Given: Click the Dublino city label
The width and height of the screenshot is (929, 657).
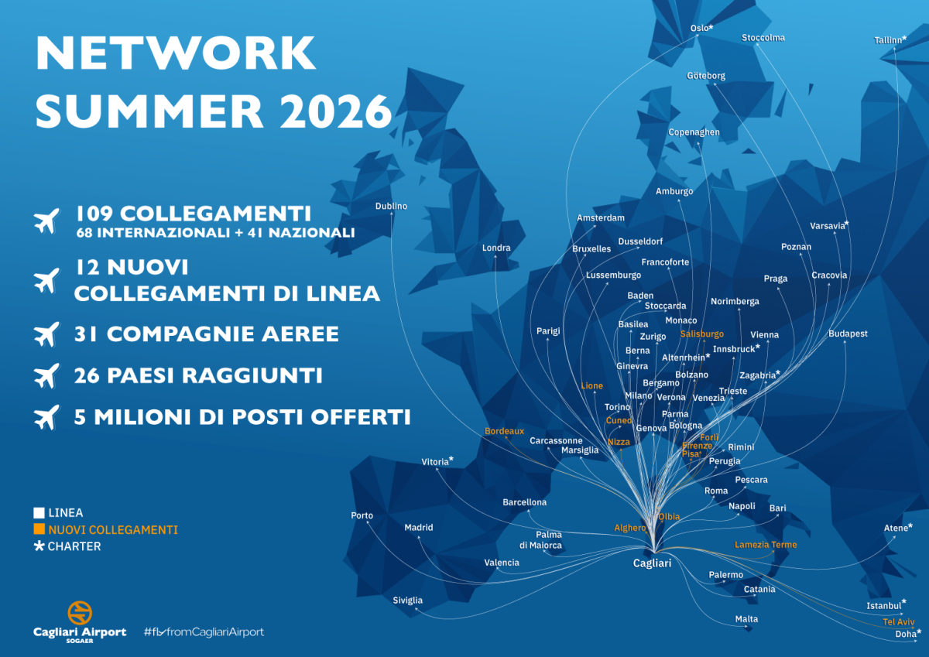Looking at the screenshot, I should (x=391, y=207).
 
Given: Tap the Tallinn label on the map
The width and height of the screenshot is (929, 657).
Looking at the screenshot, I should (x=889, y=40).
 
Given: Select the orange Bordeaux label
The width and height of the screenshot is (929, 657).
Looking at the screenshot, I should (x=504, y=431).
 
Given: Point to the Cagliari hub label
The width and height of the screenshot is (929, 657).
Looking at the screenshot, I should (x=652, y=563).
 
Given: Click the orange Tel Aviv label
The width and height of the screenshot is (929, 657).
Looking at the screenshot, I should (x=898, y=622).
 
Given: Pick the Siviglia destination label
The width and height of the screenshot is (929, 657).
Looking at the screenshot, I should (x=408, y=601).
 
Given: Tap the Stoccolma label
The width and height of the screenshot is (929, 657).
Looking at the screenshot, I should (x=763, y=38).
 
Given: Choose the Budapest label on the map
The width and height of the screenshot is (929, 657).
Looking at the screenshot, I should (x=848, y=334).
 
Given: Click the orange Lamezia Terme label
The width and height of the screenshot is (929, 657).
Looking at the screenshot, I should (x=766, y=545).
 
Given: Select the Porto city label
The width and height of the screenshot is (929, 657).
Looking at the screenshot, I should (x=362, y=515).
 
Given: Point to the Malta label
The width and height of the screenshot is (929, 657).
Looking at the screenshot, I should (x=746, y=619).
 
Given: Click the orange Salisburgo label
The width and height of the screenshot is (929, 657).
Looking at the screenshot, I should (x=701, y=334).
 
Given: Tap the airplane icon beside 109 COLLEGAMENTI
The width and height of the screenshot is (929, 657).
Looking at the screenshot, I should (x=47, y=221).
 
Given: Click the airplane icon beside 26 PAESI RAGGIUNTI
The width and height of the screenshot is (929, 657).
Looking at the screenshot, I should (x=47, y=376).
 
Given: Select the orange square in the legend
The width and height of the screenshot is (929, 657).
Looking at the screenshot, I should (x=39, y=530).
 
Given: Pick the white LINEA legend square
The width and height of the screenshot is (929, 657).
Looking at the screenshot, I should (x=39, y=513).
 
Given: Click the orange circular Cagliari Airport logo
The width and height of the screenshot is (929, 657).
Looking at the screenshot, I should (x=80, y=612).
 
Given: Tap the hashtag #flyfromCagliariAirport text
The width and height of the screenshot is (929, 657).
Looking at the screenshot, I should (x=204, y=632).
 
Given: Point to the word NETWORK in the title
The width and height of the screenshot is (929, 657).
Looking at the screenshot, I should (x=176, y=53).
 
